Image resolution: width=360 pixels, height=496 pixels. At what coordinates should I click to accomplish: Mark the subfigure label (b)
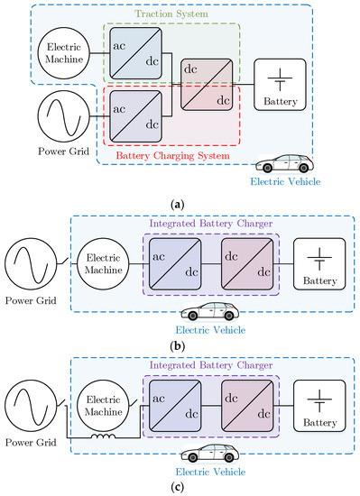click(x=180, y=344)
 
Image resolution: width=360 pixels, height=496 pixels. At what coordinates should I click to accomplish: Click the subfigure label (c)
click(x=180, y=486)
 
